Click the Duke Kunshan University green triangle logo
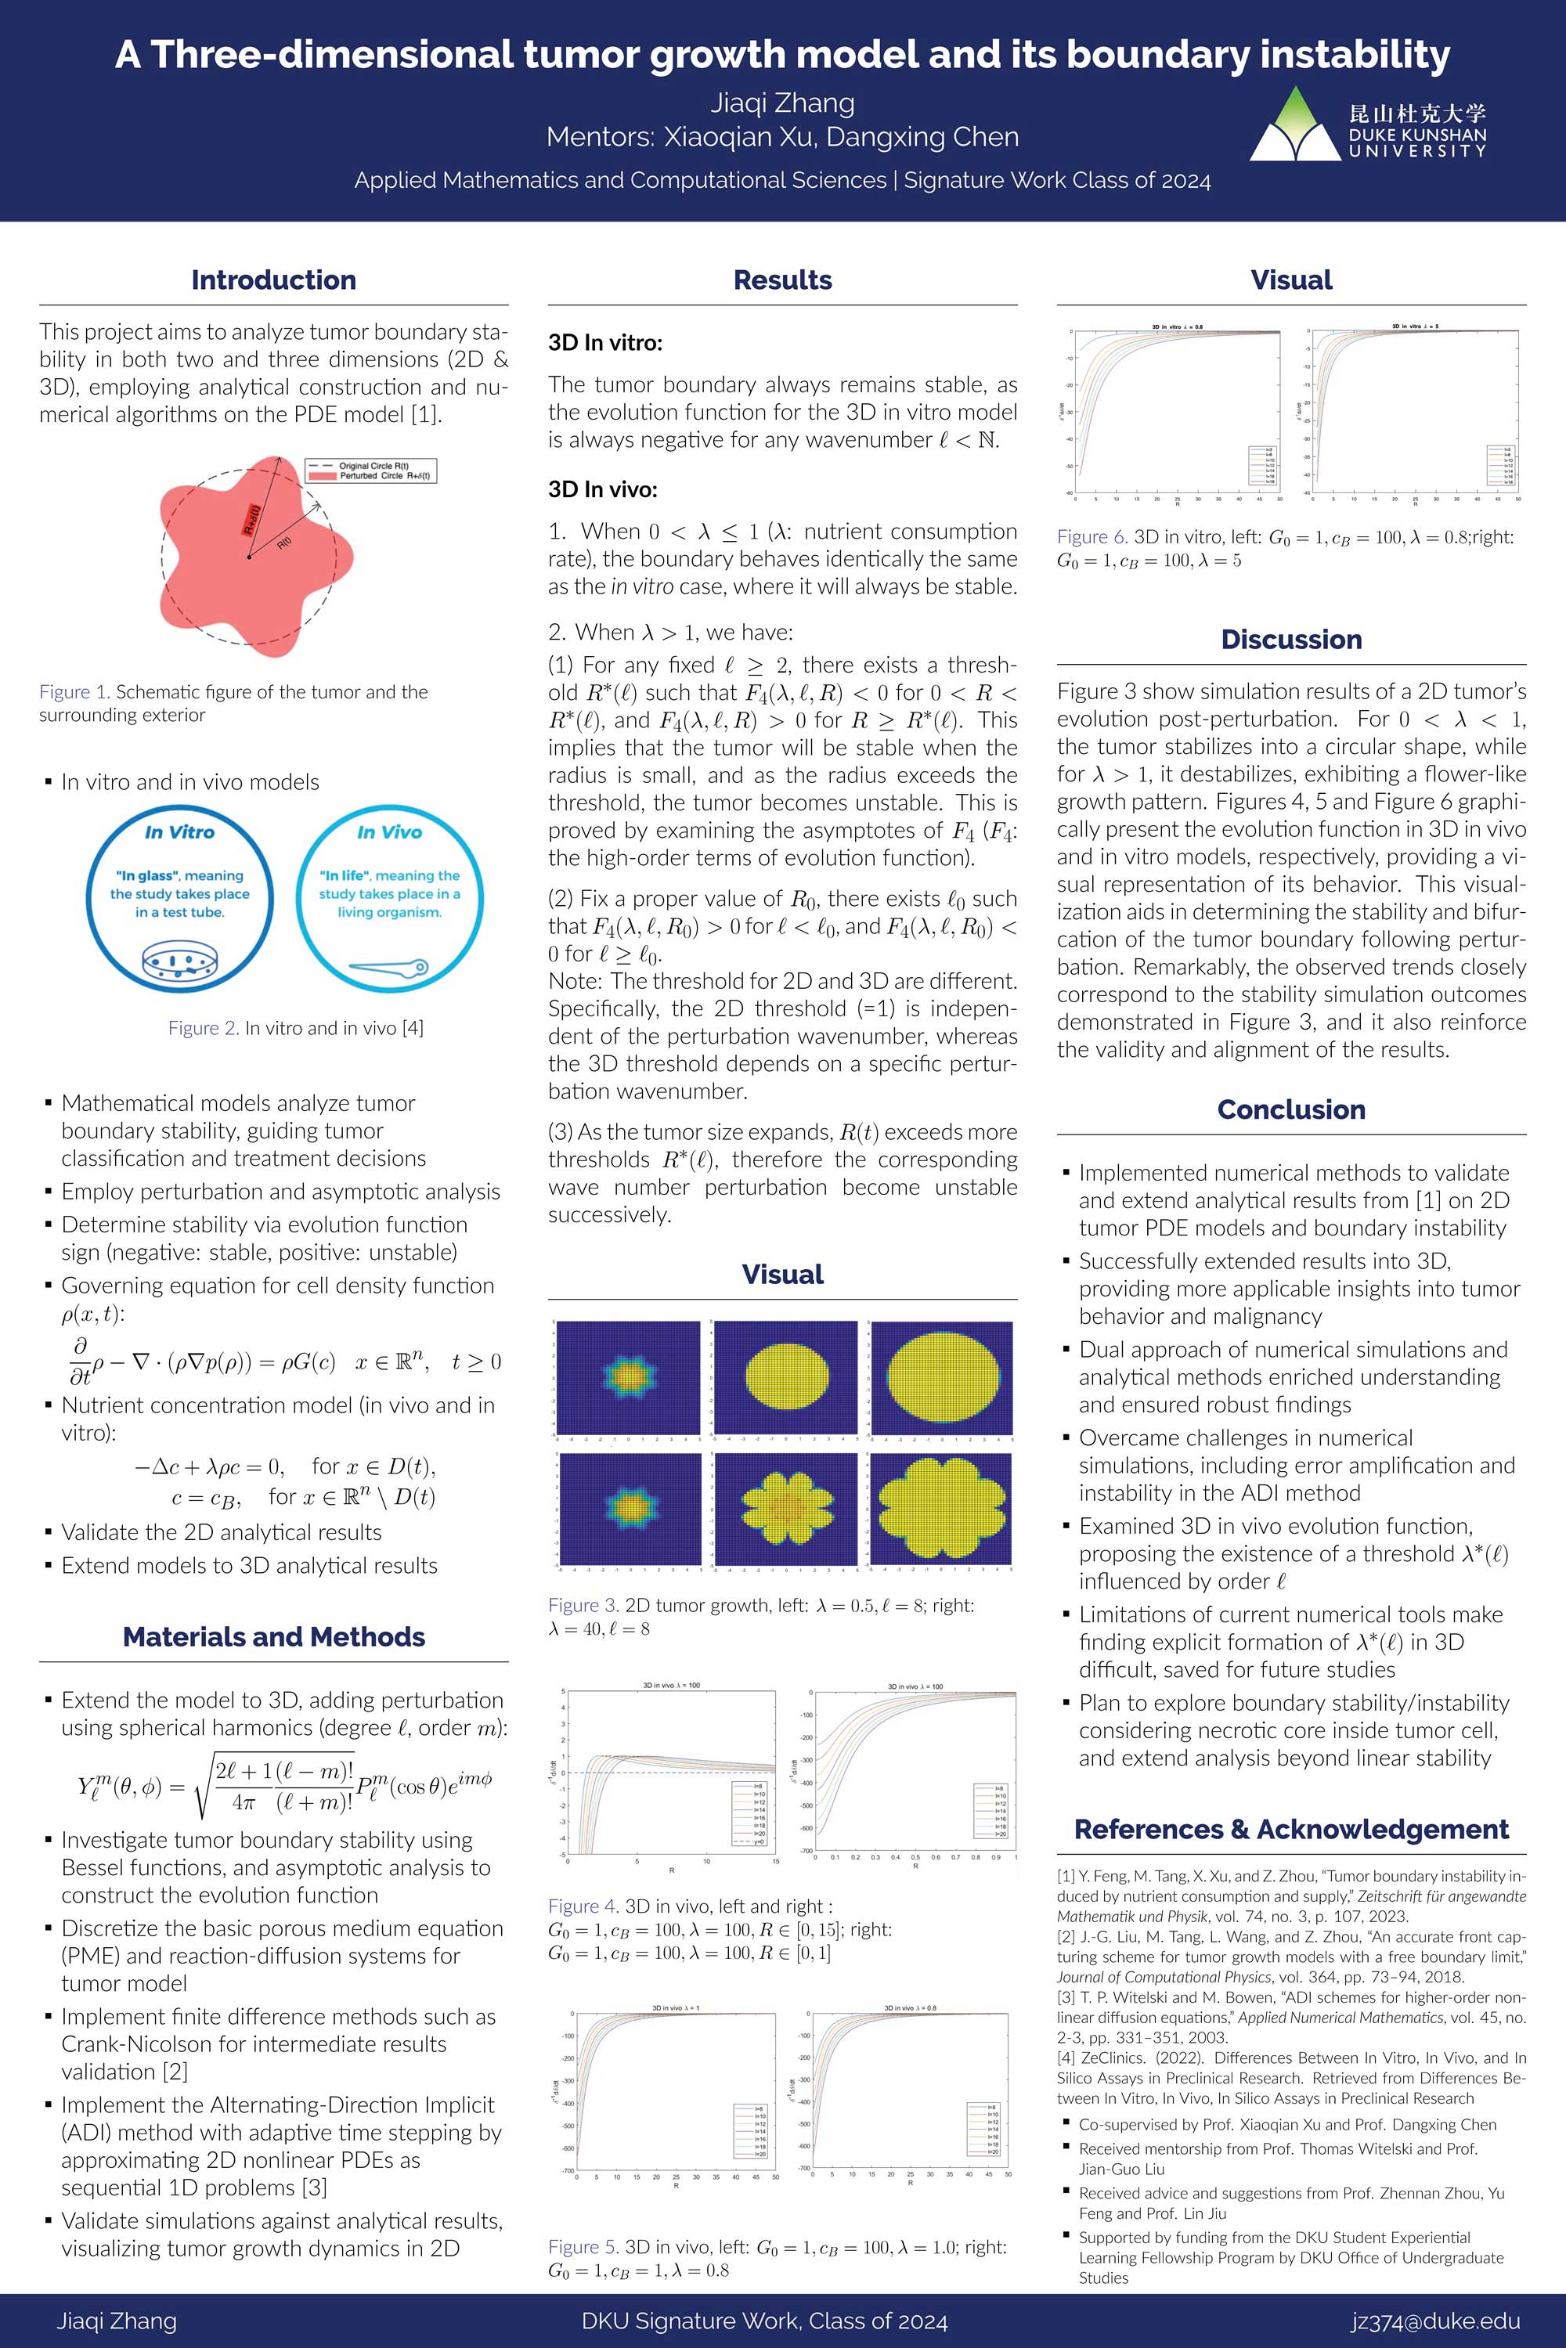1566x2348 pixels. pos(1295,126)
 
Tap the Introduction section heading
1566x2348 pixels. pos(273,280)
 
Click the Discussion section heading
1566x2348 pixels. pos(1290,639)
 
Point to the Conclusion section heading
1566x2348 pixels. pos(1290,1109)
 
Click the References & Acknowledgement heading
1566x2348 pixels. pos(1290,1829)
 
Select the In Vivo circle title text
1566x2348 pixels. pos(389,832)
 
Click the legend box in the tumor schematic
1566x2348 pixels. pos(370,471)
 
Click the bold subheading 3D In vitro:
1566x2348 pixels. pos(605,343)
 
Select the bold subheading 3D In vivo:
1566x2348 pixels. pos(602,489)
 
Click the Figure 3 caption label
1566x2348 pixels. pos(583,1605)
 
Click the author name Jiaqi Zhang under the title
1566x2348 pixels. pos(782,103)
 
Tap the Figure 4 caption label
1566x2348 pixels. pos(583,1906)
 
